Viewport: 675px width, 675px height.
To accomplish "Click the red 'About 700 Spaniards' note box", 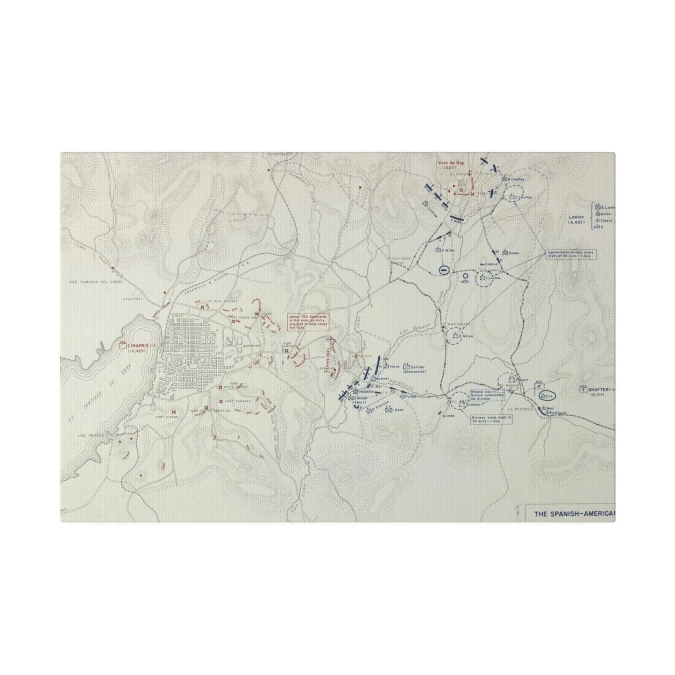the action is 306,322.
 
